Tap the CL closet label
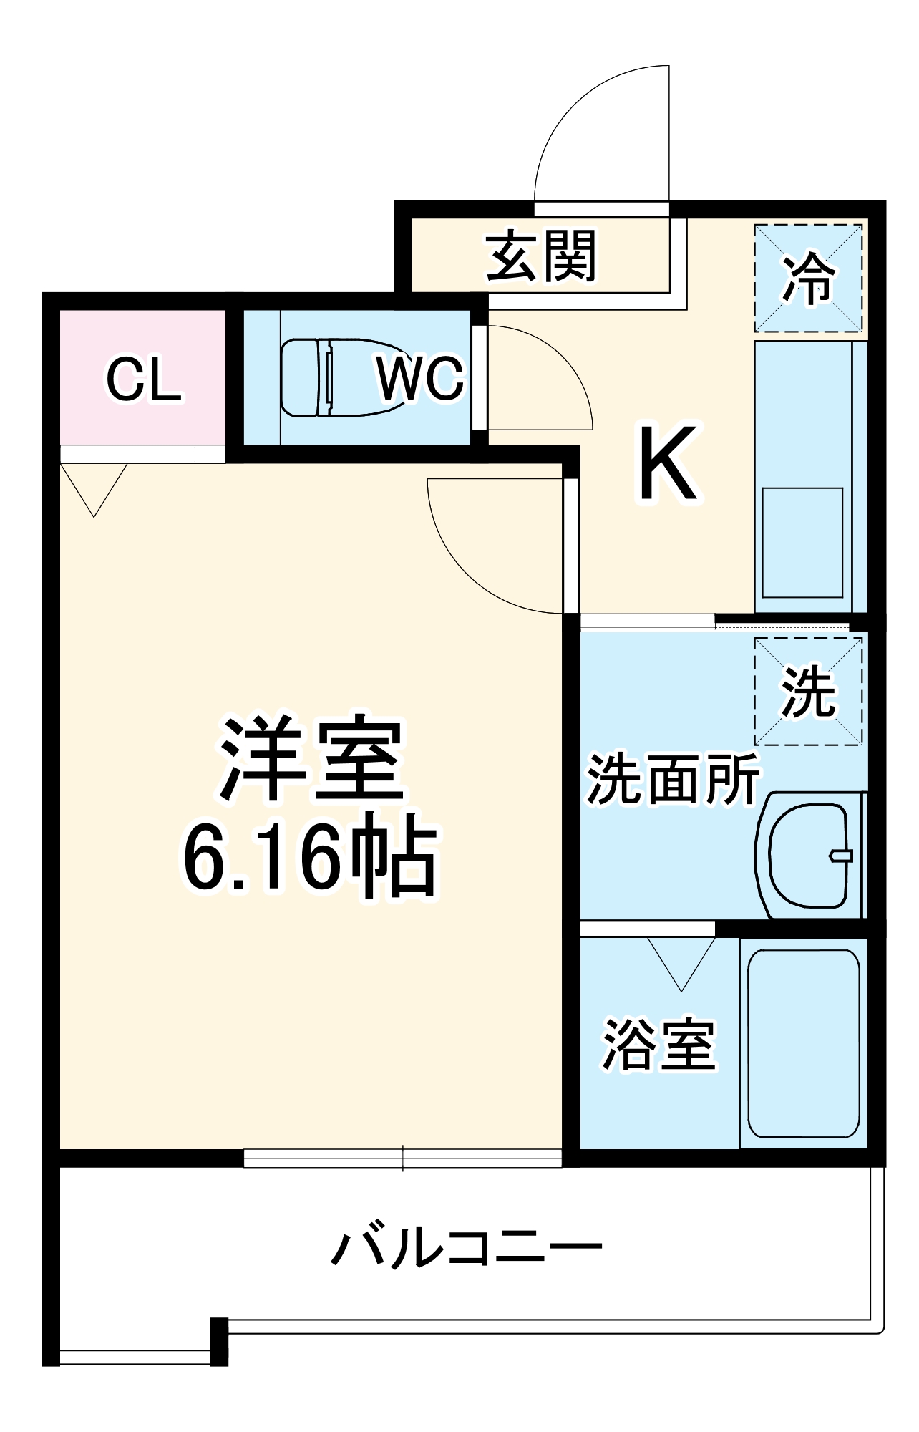[143, 379]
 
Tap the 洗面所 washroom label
[672, 779]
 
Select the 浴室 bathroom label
[658, 1045]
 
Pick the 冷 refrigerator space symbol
[808, 278]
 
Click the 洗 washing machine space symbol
[808, 692]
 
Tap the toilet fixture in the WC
[336, 377]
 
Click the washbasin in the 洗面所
[809, 855]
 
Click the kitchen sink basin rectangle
[802, 543]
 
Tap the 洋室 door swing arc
[458, 566]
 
